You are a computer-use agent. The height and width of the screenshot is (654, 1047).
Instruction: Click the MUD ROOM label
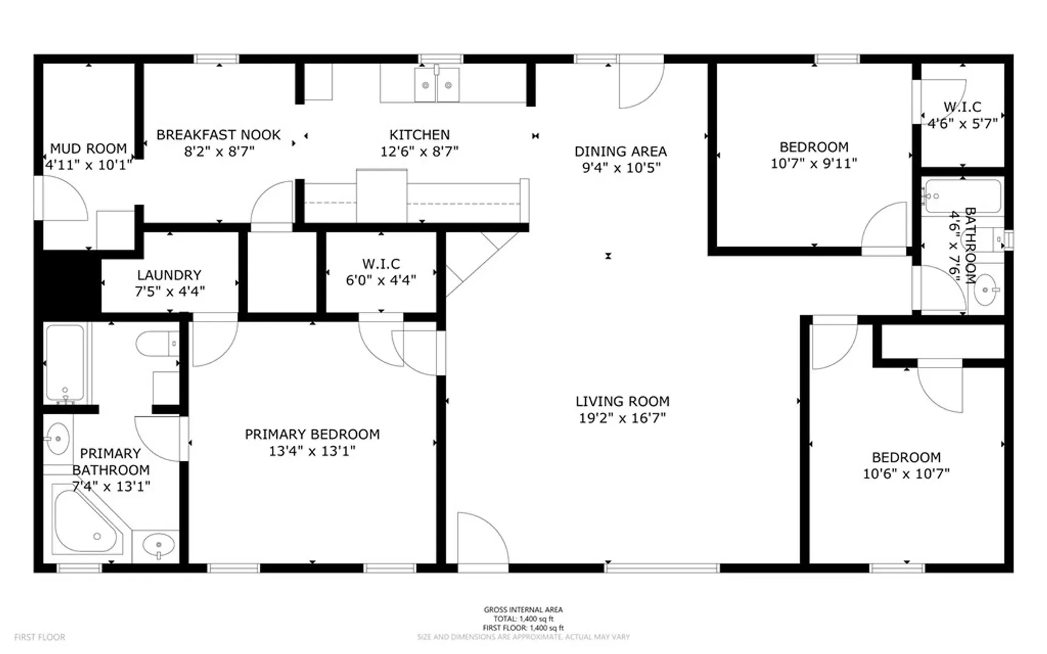coord(88,148)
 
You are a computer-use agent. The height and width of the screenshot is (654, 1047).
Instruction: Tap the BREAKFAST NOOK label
coord(219,134)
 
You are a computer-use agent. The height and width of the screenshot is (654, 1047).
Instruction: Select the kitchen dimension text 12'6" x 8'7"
coord(419,151)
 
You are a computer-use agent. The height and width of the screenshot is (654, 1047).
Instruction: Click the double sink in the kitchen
coord(437,85)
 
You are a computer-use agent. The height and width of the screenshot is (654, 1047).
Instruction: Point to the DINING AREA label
coord(620,151)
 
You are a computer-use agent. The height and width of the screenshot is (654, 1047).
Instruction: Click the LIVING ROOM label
coord(622,401)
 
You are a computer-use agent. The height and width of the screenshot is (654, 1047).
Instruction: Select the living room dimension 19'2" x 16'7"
coord(622,417)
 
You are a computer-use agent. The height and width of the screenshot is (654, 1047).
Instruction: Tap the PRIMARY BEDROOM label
coord(312,434)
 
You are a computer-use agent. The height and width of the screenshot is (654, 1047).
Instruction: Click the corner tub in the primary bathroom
coord(88,520)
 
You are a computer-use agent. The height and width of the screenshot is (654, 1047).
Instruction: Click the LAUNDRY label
coord(169,275)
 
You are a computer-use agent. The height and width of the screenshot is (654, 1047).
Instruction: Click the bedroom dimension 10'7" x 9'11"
coord(814,163)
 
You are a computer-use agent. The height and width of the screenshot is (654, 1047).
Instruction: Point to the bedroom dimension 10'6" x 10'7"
coord(906,474)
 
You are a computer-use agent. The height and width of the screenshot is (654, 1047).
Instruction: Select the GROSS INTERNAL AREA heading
coord(523,610)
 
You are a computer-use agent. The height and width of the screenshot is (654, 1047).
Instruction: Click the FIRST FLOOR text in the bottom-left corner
coord(39,637)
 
